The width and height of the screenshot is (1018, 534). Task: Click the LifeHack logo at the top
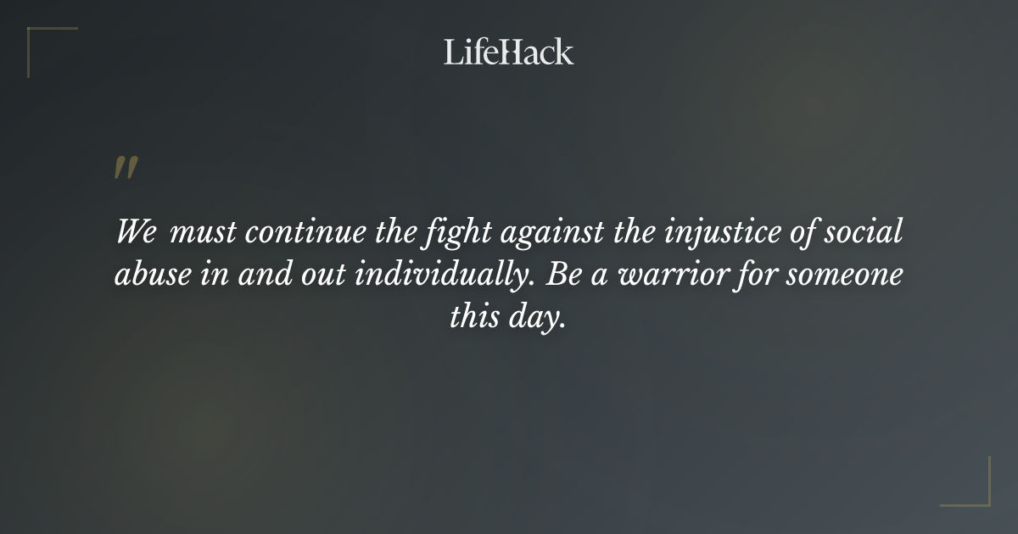point(509,52)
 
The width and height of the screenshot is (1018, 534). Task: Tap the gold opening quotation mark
point(125,169)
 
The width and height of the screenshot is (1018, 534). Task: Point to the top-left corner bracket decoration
point(42,42)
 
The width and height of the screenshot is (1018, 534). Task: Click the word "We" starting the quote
point(136,232)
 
